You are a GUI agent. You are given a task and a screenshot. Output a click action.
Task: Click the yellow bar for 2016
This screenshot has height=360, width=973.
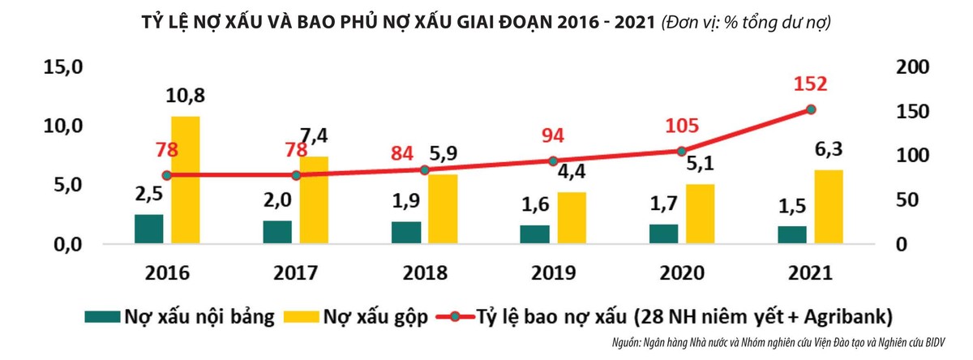pos(186,179)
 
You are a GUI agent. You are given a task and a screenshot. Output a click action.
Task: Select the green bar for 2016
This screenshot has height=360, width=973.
pos(148,229)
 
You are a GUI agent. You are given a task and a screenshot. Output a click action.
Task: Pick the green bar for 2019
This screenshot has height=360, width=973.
pos(535,234)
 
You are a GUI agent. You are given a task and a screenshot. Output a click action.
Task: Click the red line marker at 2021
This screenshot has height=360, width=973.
pos(811,109)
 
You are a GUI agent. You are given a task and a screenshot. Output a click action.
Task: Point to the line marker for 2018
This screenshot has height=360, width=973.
pos(425,169)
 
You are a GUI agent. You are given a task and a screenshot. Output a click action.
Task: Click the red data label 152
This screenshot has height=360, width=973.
pos(811,84)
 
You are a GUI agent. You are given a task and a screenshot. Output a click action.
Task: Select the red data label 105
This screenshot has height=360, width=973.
pos(682,126)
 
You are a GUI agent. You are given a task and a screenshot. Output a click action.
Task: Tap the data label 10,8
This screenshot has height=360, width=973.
pos(186,96)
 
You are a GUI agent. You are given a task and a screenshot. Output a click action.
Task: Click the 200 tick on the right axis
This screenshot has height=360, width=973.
pos(907,68)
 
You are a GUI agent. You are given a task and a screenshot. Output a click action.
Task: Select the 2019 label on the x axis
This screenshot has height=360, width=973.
pos(554,272)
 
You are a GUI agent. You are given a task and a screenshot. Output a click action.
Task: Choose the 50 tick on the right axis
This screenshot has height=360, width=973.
pos(902,200)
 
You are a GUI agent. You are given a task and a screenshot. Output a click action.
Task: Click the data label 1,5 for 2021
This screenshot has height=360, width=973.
pos(792,207)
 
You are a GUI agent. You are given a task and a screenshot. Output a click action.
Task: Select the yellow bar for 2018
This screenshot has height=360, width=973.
pos(444,208)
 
